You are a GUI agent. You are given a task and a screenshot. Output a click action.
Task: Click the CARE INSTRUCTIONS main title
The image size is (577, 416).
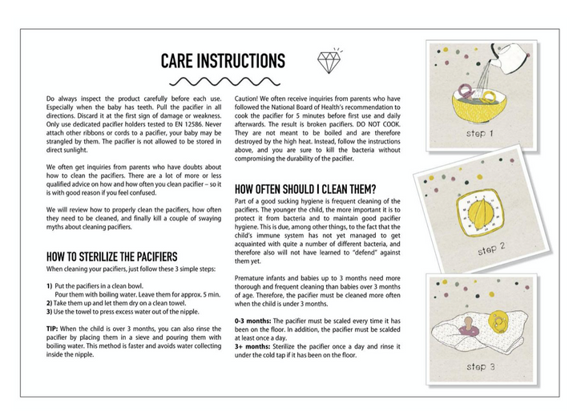(x=223, y=61)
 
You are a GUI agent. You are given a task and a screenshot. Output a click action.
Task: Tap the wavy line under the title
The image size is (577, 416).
(x=224, y=82)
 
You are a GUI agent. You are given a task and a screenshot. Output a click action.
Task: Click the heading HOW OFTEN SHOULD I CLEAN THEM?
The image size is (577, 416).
(x=305, y=189)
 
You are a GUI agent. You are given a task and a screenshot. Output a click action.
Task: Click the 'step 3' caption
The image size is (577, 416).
(x=482, y=366)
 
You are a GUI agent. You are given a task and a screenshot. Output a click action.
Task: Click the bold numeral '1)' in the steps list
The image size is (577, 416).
(x=50, y=286)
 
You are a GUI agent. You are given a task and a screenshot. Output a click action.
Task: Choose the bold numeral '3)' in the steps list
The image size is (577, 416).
(x=50, y=311)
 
